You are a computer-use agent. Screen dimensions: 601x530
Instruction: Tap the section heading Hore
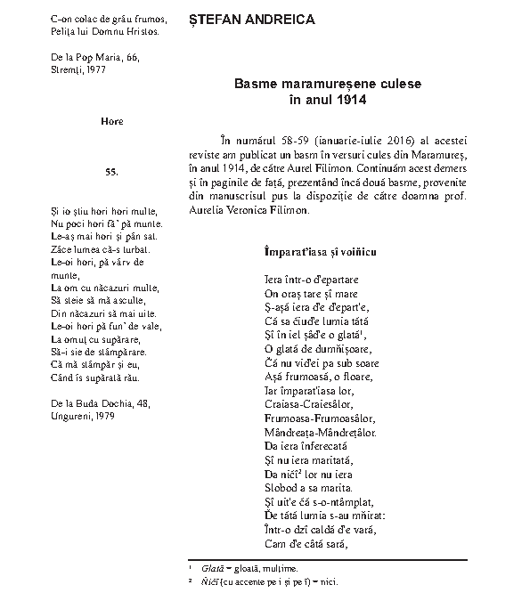tap(111, 122)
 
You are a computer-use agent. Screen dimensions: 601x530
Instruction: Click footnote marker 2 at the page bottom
tap(191, 580)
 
